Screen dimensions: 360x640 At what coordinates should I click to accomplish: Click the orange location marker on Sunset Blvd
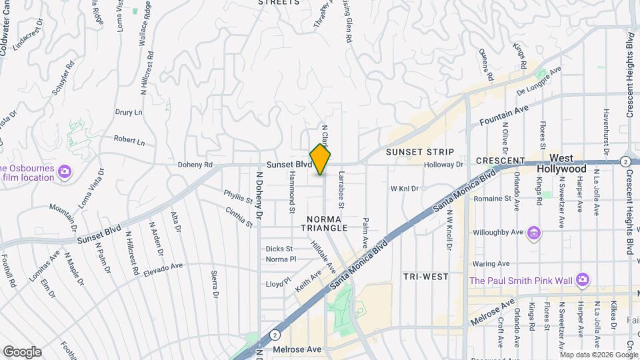[321, 159]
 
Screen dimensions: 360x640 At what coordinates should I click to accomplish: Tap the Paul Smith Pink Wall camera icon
[583, 279]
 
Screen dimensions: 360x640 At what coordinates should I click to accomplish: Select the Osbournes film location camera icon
[65, 172]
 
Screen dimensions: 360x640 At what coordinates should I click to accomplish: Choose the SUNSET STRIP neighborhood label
[420, 153]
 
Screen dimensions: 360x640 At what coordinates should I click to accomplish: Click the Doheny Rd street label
[195, 165]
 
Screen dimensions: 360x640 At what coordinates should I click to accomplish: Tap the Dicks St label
[279, 249]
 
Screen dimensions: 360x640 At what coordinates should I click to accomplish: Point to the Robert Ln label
[129, 141]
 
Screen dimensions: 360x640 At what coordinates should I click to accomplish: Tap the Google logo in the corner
[22, 351]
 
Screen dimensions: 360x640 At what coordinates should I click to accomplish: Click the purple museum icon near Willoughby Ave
[533, 233]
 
